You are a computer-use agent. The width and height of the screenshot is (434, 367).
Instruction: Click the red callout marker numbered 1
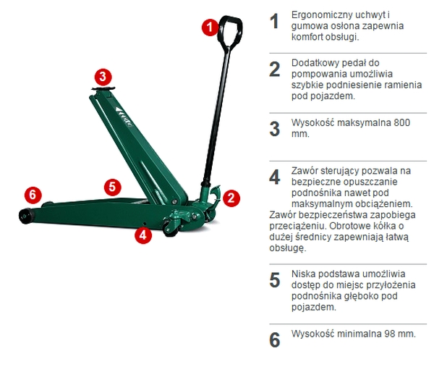(x=210, y=27)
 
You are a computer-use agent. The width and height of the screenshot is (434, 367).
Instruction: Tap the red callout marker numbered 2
(x=231, y=198)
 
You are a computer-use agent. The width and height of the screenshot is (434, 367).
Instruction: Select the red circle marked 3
(x=103, y=77)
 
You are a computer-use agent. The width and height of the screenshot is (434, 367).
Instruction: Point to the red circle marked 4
(x=143, y=235)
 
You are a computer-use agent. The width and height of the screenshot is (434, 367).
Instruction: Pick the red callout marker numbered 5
(x=112, y=187)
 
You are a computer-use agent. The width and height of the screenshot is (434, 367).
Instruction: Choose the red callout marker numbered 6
(x=33, y=195)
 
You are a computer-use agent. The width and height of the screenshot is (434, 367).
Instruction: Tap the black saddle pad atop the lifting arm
(x=103, y=88)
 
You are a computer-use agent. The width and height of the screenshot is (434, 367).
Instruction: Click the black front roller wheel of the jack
(x=25, y=215)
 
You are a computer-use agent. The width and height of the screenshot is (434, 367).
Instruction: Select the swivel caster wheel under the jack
(x=169, y=228)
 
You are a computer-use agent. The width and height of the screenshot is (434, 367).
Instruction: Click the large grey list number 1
(x=274, y=21)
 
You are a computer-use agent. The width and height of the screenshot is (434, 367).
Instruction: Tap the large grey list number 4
(x=274, y=177)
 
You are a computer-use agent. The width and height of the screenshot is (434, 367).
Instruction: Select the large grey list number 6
(x=275, y=339)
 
